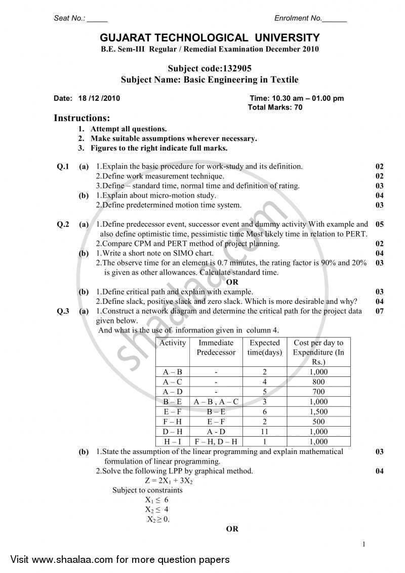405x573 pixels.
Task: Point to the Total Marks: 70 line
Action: [275, 107]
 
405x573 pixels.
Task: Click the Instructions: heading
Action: [82, 119]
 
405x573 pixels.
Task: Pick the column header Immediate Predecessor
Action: [216, 348]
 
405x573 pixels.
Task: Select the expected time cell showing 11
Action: [265, 432]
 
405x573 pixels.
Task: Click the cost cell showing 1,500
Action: [318, 412]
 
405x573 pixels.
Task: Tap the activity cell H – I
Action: [173, 442]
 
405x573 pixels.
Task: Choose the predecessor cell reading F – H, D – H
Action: [216, 442]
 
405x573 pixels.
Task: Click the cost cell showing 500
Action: [318, 422]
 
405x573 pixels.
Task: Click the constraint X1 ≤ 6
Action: [157, 500]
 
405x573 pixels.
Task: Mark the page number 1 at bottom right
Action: [364, 545]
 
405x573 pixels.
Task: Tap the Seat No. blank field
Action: [97, 19]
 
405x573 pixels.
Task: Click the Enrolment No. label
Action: [298, 18]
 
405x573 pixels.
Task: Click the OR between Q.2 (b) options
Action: [232, 282]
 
